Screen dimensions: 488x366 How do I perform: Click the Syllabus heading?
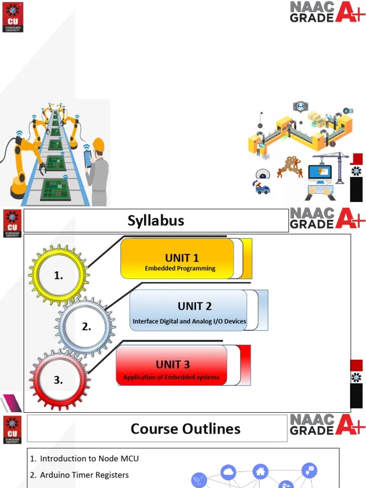tap(156, 221)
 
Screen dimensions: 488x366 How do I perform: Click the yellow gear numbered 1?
tap(59, 275)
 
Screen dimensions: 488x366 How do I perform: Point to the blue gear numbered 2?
tap(86, 327)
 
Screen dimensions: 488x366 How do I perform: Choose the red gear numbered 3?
tap(58, 380)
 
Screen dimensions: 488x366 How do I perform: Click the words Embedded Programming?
tap(180, 268)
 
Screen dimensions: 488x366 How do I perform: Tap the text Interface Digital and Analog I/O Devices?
tap(189, 321)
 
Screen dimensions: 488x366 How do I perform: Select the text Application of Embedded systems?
tap(171, 377)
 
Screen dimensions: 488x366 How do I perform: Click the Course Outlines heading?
tap(185, 428)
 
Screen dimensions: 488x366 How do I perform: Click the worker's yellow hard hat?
tap(99, 144)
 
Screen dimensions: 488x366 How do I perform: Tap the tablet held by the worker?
tap(88, 158)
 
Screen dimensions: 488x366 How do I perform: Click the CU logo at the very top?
tap(12, 16)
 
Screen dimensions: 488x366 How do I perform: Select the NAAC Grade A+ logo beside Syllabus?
tap(321, 218)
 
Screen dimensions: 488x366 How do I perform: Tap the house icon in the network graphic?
tap(260, 471)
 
